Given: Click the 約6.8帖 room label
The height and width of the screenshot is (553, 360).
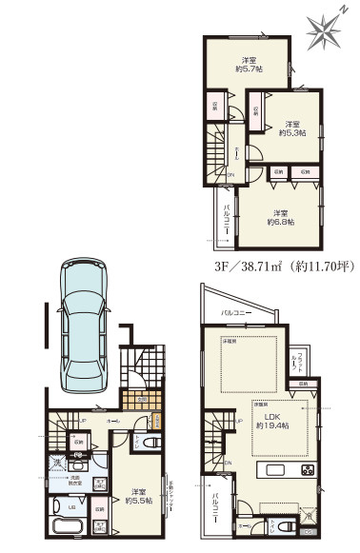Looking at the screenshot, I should coord(280,218).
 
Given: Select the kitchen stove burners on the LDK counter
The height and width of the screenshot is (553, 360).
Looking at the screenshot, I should coord(307,471).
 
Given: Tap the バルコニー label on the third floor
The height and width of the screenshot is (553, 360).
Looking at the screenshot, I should coord(228,219).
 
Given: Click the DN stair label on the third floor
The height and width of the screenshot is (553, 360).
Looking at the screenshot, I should coord(230,174).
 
